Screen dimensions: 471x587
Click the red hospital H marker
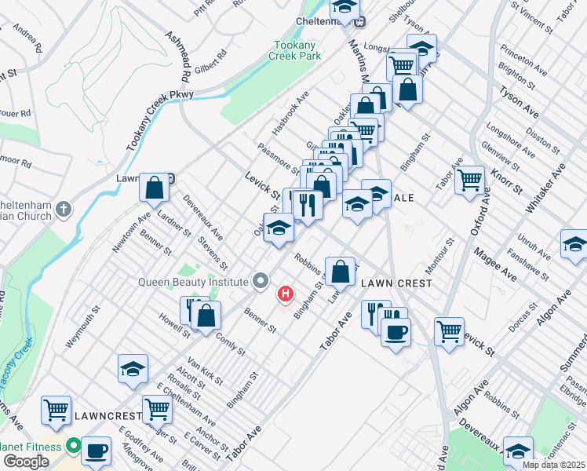coord(286,295)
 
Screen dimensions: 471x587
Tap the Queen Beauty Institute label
coord(193,282)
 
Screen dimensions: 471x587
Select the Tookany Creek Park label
coord(296,51)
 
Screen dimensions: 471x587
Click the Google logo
coord(26,462)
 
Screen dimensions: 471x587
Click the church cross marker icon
coord(64,210)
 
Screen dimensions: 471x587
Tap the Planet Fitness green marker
coord(74,447)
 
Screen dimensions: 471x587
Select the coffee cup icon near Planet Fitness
coord(97,451)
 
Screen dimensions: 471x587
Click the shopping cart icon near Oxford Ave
coord(469,179)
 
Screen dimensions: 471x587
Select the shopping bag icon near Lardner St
coord(155,187)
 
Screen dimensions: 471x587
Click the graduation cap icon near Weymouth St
coord(133,368)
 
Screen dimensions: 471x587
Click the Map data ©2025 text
coord(552,465)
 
